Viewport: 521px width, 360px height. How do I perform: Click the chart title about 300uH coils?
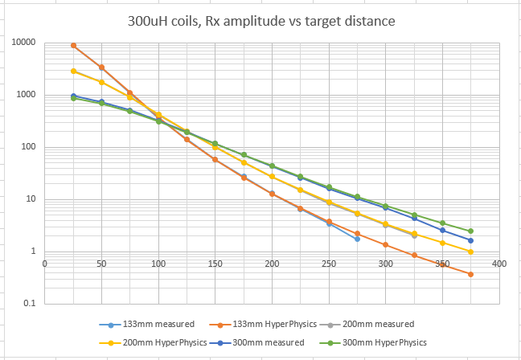[260, 20]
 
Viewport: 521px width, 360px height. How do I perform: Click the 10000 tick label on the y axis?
[25, 43]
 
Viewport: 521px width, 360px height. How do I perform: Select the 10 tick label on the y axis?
[32, 199]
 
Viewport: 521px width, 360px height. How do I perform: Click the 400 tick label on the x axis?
[499, 263]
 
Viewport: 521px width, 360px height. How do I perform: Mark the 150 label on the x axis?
[215, 263]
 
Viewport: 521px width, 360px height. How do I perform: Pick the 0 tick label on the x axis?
[46, 263]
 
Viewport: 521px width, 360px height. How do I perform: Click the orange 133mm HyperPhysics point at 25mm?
[73, 46]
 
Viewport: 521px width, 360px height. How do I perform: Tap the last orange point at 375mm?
[470, 274]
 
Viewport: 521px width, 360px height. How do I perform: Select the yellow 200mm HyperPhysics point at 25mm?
[73, 71]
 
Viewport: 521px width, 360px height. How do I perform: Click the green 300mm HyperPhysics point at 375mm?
[470, 231]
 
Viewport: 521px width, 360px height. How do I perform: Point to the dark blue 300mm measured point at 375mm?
[470, 240]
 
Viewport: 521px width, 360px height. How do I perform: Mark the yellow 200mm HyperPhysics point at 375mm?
[470, 252]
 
